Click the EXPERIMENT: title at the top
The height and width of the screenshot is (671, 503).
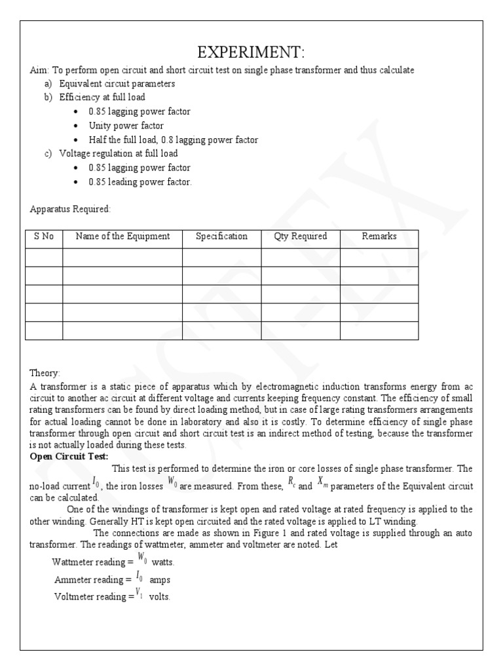[x=251, y=52]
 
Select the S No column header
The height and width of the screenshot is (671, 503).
[x=43, y=237]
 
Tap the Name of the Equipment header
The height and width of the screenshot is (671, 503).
[x=122, y=237]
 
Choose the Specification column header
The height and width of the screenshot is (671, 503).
[x=221, y=237]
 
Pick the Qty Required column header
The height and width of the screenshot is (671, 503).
[x=300, y=237]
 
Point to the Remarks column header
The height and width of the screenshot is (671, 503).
[x=379, y=237]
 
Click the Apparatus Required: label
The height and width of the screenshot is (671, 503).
[x=71, y=210]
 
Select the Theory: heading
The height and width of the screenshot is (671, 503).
[x=45, y=372]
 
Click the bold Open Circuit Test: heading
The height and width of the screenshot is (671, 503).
[x=69, y=457]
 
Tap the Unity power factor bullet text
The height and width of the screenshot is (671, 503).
[x=126, y=126]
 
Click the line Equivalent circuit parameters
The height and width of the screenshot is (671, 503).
[x=117, y=84]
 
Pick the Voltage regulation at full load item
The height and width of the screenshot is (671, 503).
[x=118, y=154]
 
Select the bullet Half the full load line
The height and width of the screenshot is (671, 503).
[x=174, y=140]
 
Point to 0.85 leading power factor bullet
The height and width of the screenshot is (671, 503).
[x=140, y=182]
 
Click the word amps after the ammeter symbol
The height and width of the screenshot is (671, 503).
[x=160, y=580]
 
